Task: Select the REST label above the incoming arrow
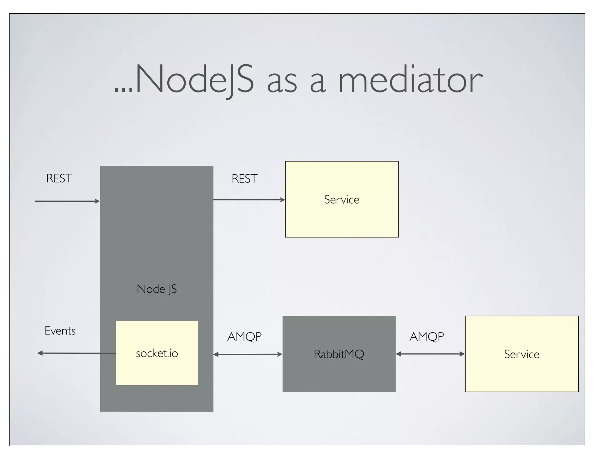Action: pyautogui.click(x=59, y=178)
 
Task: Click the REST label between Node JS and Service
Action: pyautogui.click(x=245, y=179)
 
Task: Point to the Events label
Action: pyautogui.click(x=60, y=331)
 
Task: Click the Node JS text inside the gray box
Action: pyautogui.click(x=157, y=289)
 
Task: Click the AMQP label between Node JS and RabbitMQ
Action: pyautogui.click(x=245, y=337)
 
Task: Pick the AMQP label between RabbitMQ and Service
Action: pyautogui.click(x=427, y=337)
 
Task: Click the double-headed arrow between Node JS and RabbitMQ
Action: pyautogui.click(x=248, y=354)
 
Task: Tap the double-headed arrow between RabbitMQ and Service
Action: pyautogui.click(x=430, y=354)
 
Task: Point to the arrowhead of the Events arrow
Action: pyautogui.click(x=40, y=353)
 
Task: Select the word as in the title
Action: pyautogui.click(x=282, y=83)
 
